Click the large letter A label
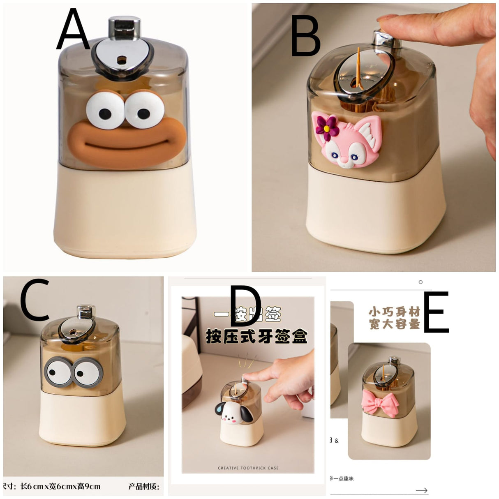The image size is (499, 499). click(73, 30)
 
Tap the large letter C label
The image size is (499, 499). click(35, 300)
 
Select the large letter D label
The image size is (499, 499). click(245, 306)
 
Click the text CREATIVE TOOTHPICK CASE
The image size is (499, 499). click(248, 468)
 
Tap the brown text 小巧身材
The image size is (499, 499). click(394, 312)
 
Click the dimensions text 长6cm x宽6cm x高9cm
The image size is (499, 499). click(60, 487)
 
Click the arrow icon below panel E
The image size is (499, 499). click(421, 490)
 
